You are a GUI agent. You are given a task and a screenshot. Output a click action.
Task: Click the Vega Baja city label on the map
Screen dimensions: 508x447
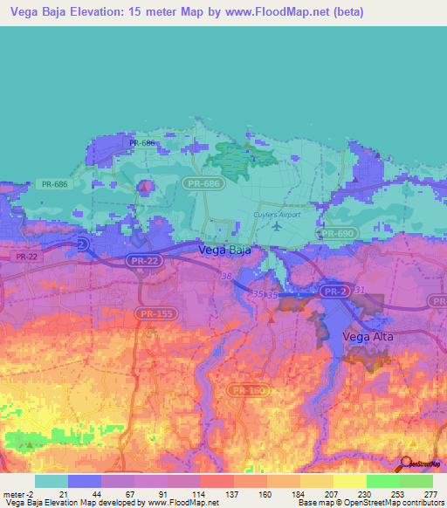pos(225,250)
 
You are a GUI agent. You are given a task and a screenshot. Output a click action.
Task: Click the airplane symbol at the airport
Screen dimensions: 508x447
pos(278,227)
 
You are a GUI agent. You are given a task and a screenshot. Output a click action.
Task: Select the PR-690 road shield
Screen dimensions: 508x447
pos(336,234)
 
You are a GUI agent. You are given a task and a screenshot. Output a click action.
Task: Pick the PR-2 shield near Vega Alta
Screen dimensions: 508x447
pos(333,291)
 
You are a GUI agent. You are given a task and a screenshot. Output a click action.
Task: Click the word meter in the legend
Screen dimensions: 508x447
pos(13,495)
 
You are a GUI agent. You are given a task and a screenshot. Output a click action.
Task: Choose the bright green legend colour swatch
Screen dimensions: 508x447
pos(382,481)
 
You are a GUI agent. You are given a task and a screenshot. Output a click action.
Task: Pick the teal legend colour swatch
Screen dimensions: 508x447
pos(52,481)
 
